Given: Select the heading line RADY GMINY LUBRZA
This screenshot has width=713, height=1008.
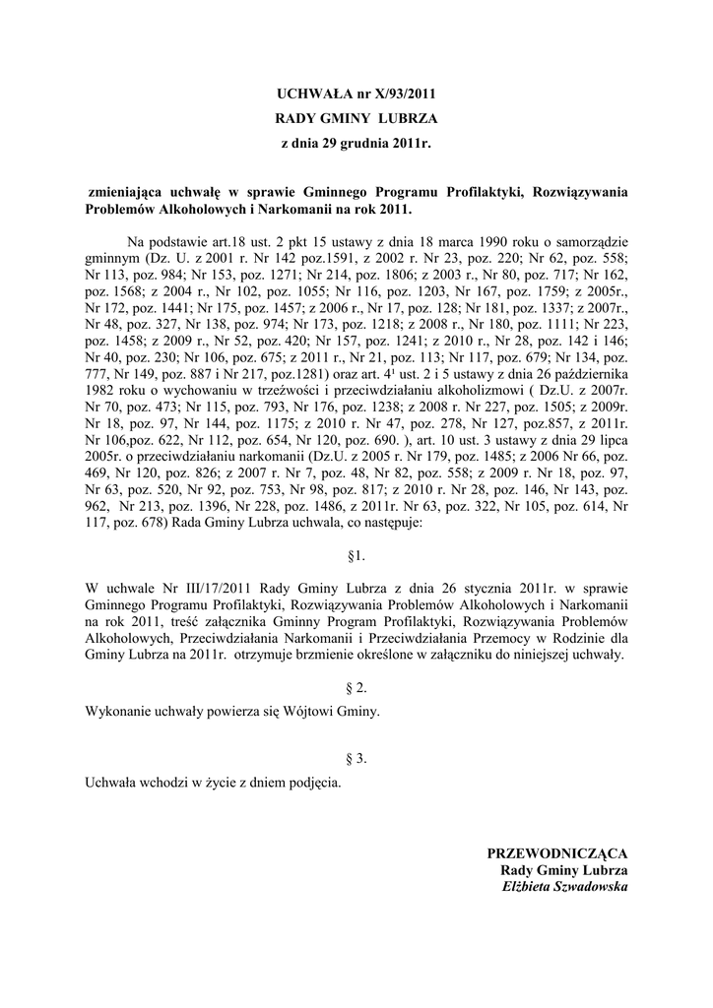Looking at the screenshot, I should click(x=356, y=119).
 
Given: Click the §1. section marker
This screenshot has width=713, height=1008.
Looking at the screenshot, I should click(x=356, y=556).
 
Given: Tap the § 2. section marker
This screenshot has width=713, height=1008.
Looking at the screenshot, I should click(x=356, y=689).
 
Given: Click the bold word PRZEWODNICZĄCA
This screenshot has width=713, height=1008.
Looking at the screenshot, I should click(x=557, y=852).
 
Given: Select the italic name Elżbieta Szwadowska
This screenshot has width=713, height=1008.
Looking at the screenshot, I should click(x=564, y=886).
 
